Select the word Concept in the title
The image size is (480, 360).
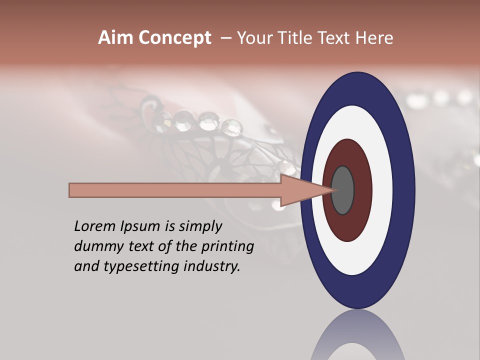[x=174, y=38]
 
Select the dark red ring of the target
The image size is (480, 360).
[x=362, y=190]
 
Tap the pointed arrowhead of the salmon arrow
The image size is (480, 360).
[x=310, y=190]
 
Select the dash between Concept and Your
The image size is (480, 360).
[x=225, y=38]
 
